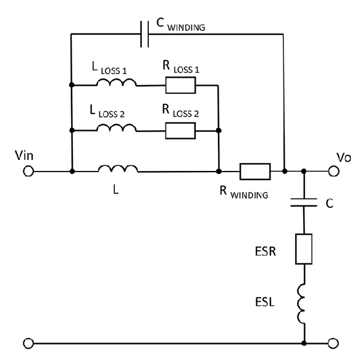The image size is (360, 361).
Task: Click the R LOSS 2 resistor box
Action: (x=180, y=130)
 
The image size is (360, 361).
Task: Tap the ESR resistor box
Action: (x=304, y=250)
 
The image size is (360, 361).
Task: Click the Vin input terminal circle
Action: (x=28, y=171)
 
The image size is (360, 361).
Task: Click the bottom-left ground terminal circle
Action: (x=28, y=342)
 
